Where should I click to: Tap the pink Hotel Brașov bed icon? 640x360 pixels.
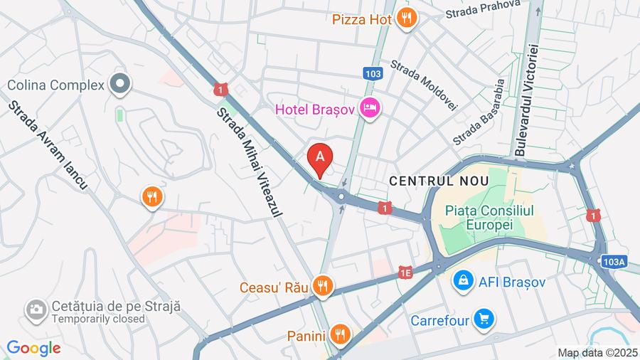pos(370,109)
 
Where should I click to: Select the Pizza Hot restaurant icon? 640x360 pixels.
pos(406,18)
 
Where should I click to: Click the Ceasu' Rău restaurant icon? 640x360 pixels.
pos(323,287)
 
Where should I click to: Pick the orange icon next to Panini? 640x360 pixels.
pos(341,334)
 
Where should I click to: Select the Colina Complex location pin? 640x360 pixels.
pos(120,85)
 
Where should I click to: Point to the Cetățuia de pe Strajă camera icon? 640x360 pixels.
pos(34,310)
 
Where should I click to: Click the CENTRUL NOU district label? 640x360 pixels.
pos(439,181)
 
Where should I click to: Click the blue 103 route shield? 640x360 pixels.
pos(372,73)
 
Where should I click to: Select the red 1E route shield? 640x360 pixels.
pos(406,272)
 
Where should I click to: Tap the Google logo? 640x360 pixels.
pos(33,348)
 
